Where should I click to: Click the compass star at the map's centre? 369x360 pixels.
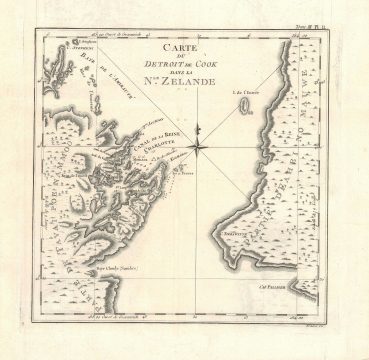click(198, 148)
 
